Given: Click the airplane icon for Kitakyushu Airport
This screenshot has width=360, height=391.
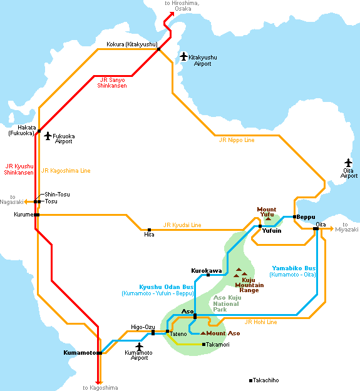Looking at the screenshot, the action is pyautogui.click(x=184, y=56).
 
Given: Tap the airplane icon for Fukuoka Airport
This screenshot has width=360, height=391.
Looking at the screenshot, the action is pyautogui.click(x=48, y=136).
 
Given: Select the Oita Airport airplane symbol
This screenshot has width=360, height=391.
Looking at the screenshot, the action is pyautogui.click(x=348, y=163).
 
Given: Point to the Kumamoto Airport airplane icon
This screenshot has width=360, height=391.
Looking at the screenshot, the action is pyautogui.click(x=139, y=347).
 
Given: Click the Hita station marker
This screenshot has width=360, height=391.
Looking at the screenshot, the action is pyautogui.click(x=149, y=230).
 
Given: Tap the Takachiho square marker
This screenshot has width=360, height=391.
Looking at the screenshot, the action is pyautogui.click(x=250, y=380).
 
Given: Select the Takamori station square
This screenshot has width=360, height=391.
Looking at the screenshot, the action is pyautogui.click(x=204, y=344).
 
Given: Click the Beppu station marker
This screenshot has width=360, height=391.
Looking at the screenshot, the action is pyautogui.click(x=294, y=217).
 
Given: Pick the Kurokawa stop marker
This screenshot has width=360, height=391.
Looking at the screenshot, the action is pyautogui.click(x=208, y=275).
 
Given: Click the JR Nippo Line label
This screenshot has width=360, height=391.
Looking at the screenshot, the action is pyautogui.click(x=237, y=140).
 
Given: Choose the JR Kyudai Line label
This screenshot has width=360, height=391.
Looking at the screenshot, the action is pyautogui.click(x=182, y=225).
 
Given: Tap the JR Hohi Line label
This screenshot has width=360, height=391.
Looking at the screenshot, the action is pyautogui.click(x=260, y=322).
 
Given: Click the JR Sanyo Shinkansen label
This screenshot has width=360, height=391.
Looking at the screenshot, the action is pyautogui.click(x=112, y=83).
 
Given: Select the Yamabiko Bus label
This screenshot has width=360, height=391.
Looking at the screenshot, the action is pyautogui.click(x=294, y=268).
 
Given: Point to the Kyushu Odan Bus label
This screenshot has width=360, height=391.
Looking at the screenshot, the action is pyautogui.click(x=166, y=287).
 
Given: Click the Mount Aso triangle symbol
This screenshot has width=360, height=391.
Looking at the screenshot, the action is pyautogui.click(x=203, y=333).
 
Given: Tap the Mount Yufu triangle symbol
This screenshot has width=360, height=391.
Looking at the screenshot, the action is pyautogui.click(x=268, y=219).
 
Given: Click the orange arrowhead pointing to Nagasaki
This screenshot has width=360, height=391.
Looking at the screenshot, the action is pyautogui.click(x=26, y=201).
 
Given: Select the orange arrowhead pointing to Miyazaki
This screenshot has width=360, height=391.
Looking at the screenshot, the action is pyautogui.click(x=332, y=228).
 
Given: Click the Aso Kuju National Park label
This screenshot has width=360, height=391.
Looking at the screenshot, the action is pyautogui.click(x=227, y=303).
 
